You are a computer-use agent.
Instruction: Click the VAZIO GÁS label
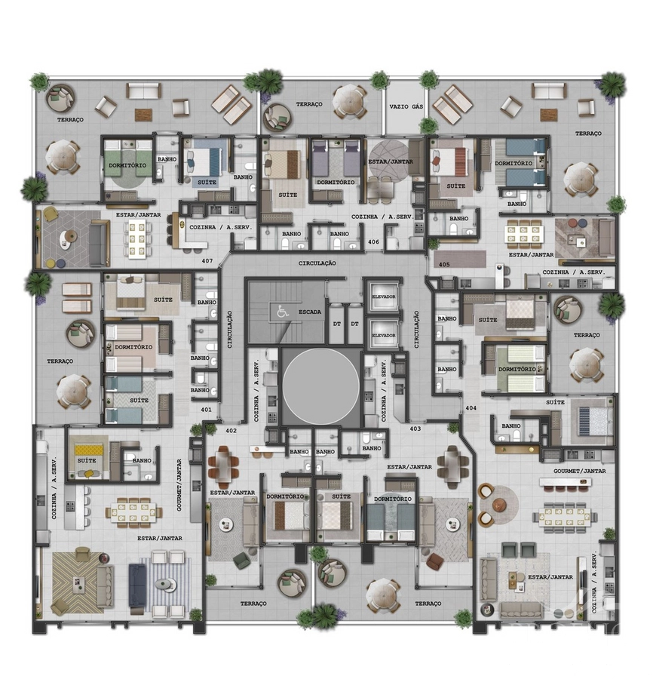point(406,106)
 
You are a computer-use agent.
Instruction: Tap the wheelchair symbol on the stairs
point(283,311)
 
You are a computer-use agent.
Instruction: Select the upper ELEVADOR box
point(383,296)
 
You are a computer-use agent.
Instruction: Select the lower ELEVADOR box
point(383,335)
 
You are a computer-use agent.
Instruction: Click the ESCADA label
point(309,312)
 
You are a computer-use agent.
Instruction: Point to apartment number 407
point(207,261)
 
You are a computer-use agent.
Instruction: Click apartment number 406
point(373,241)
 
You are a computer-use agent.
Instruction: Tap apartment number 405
point(444,264)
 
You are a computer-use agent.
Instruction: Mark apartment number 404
point(471,408)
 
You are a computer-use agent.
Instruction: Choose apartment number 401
point(207,409)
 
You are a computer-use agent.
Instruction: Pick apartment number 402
point(231,431)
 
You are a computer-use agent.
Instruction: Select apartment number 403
point(415,429)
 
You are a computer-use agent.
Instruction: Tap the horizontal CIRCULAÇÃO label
point(317,263)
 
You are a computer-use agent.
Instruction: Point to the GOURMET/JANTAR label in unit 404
point(579,471)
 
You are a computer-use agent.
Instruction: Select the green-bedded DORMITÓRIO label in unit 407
point(127,165)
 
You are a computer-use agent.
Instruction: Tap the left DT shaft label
point(336,324)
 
